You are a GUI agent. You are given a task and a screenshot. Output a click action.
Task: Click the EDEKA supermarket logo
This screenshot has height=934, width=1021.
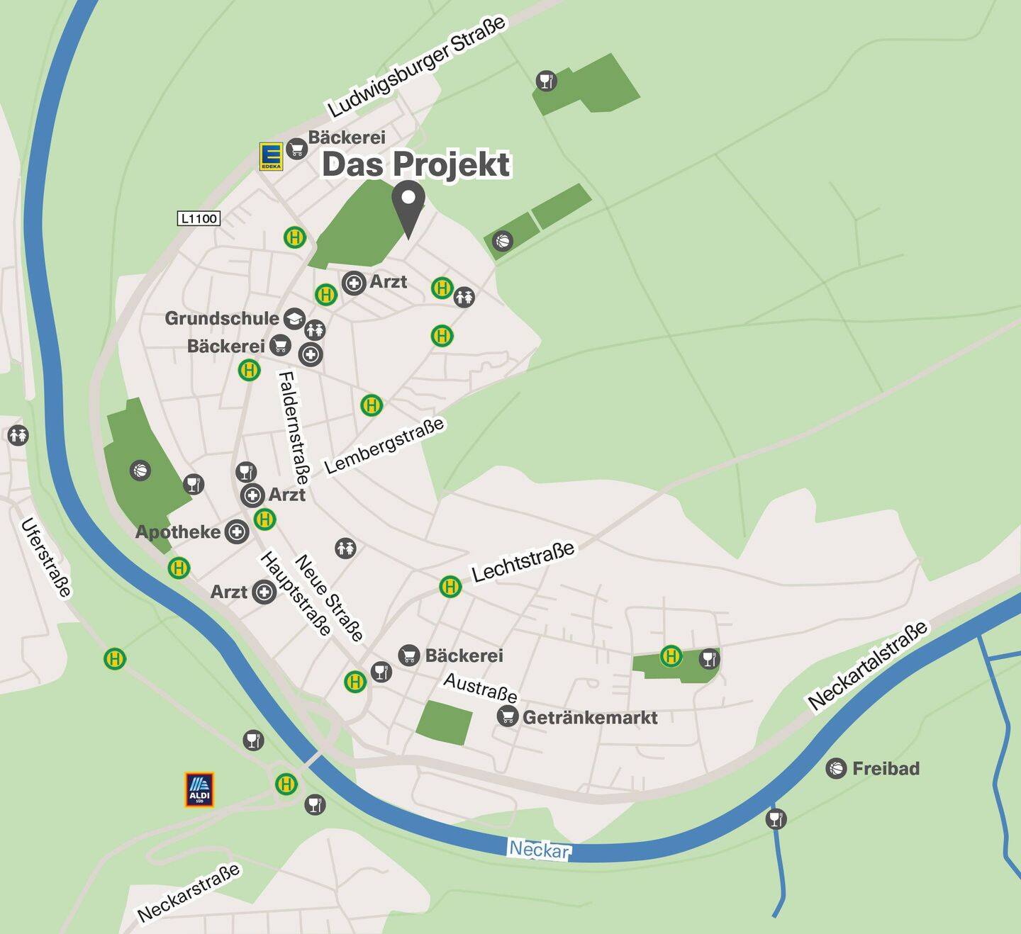[271, 156]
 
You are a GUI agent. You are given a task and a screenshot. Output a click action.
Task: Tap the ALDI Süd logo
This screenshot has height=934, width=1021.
[199, 789]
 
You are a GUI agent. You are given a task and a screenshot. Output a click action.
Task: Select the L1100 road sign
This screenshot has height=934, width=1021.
[199, 218]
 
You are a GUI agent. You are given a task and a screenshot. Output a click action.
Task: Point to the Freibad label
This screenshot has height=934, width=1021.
[886, 768]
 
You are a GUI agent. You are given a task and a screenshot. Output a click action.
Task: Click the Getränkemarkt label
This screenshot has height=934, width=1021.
[590, 717]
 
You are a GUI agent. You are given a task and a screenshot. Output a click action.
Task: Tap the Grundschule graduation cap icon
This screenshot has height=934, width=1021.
[294, 318]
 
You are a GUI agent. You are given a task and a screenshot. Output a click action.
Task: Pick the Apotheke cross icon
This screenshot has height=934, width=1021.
[237, 531]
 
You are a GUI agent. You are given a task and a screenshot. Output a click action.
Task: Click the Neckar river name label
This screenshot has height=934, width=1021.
[539, 848]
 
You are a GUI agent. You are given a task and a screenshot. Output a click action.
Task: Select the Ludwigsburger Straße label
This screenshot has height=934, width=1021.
[418, 65]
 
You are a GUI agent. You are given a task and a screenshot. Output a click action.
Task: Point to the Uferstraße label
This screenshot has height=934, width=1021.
[47, 558]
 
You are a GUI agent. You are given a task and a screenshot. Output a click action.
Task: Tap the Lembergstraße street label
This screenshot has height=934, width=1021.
[384, 445]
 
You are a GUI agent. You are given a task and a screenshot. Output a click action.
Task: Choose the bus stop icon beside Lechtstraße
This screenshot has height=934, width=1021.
[450, 587]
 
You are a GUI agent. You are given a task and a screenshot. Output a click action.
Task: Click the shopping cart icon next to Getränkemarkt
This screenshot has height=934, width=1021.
[507, 716]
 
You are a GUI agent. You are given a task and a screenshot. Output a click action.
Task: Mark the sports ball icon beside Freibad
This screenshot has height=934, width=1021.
[837, 768]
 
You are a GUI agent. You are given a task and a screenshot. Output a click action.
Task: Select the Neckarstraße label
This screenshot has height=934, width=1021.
[189, 893]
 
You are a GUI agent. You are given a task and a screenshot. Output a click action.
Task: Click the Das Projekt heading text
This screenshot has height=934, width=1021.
[416, 164]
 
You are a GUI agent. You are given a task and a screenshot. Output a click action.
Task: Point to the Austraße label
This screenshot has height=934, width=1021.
[480, 686]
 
